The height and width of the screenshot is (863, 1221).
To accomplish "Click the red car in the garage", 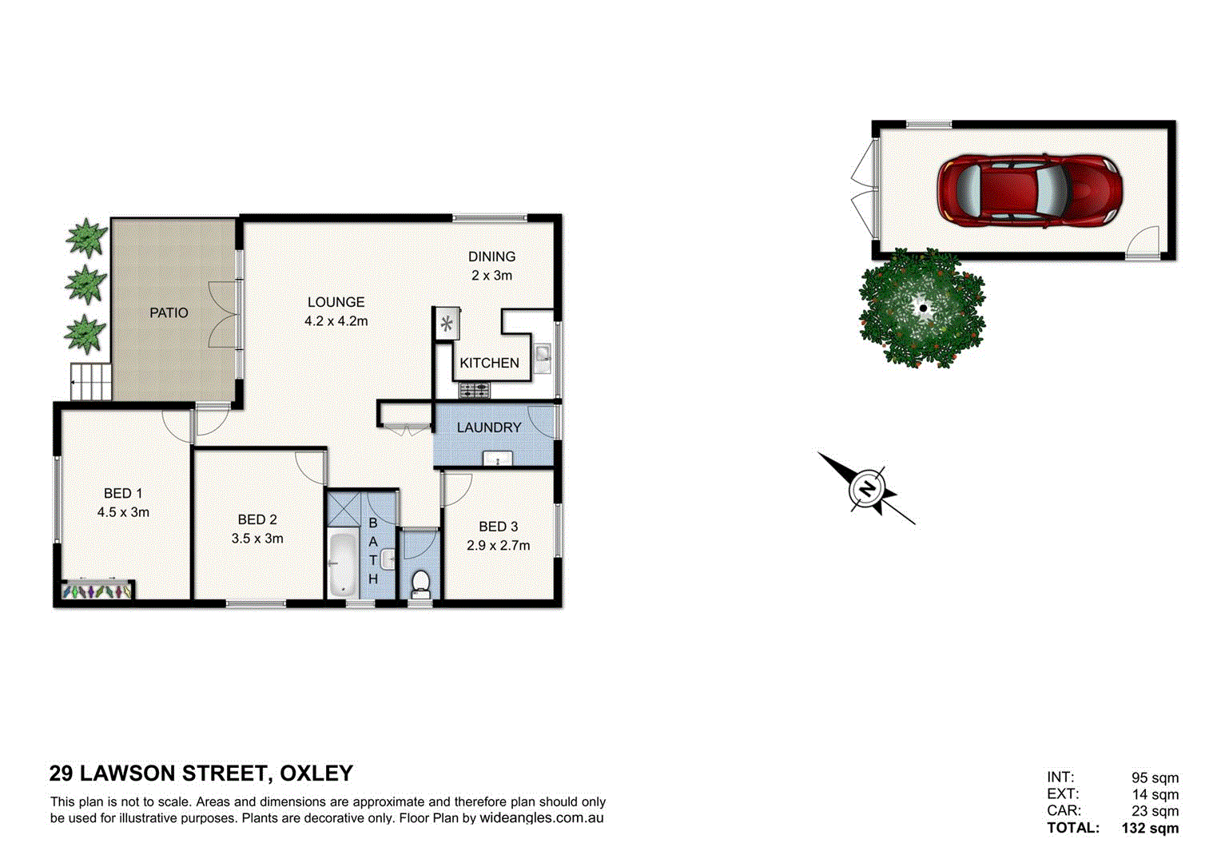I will pyautogui.click(x=1029, y=190).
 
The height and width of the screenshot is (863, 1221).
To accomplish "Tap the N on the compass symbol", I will pyautogui.click(x=866, y=487).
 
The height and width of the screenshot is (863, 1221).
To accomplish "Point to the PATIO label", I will pyautogui.click(x=169, y=312).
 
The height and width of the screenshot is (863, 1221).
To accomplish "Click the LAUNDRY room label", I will pyautogui.click(x=489, y=428).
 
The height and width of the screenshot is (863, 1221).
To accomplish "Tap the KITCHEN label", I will pyautogui.click(x=489, y=363).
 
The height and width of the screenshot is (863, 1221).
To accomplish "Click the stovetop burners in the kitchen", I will pyautogui.click(x=475, y=391).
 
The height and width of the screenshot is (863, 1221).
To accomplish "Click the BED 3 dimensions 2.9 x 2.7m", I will pyautogui.click(x=498, y=546).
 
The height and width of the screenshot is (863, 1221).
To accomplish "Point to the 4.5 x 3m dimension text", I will pyautogui.click(x=123, y=512).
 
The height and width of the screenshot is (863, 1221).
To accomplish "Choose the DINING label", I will pyautogui.click(x=491, y=257).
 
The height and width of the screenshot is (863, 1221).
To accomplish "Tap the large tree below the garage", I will pyautogui.click(x=922, y=308).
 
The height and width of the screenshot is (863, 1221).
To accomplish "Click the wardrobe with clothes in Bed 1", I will pyautogui.click(x=97, y=591).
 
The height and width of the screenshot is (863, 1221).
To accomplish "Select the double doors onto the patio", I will pyautogui.click(x=225, y=313).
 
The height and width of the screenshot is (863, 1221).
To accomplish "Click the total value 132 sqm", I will pyautogui.click(x=1150, y=828).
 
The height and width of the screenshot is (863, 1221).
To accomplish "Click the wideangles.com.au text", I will pyautogui.click(x=541, y=818).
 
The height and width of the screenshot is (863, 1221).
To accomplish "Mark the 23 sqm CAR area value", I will pyautogui.click(x=1155, y=811).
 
